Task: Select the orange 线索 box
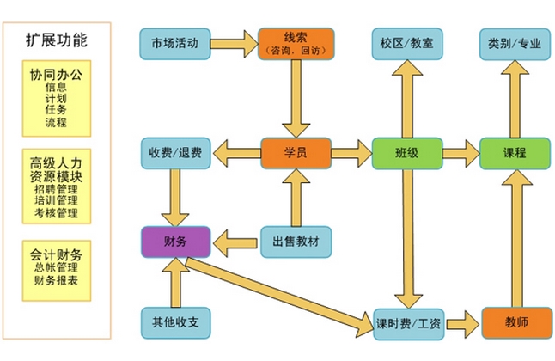pos(296,43)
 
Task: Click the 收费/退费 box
pos(175,153)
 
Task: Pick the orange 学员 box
pos(296,153)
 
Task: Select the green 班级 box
pos(406,153)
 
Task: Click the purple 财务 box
pos(175,241)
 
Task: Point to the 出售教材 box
pos(296,241)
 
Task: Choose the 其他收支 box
pos(175,322)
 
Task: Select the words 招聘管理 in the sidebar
pos(56,187)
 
